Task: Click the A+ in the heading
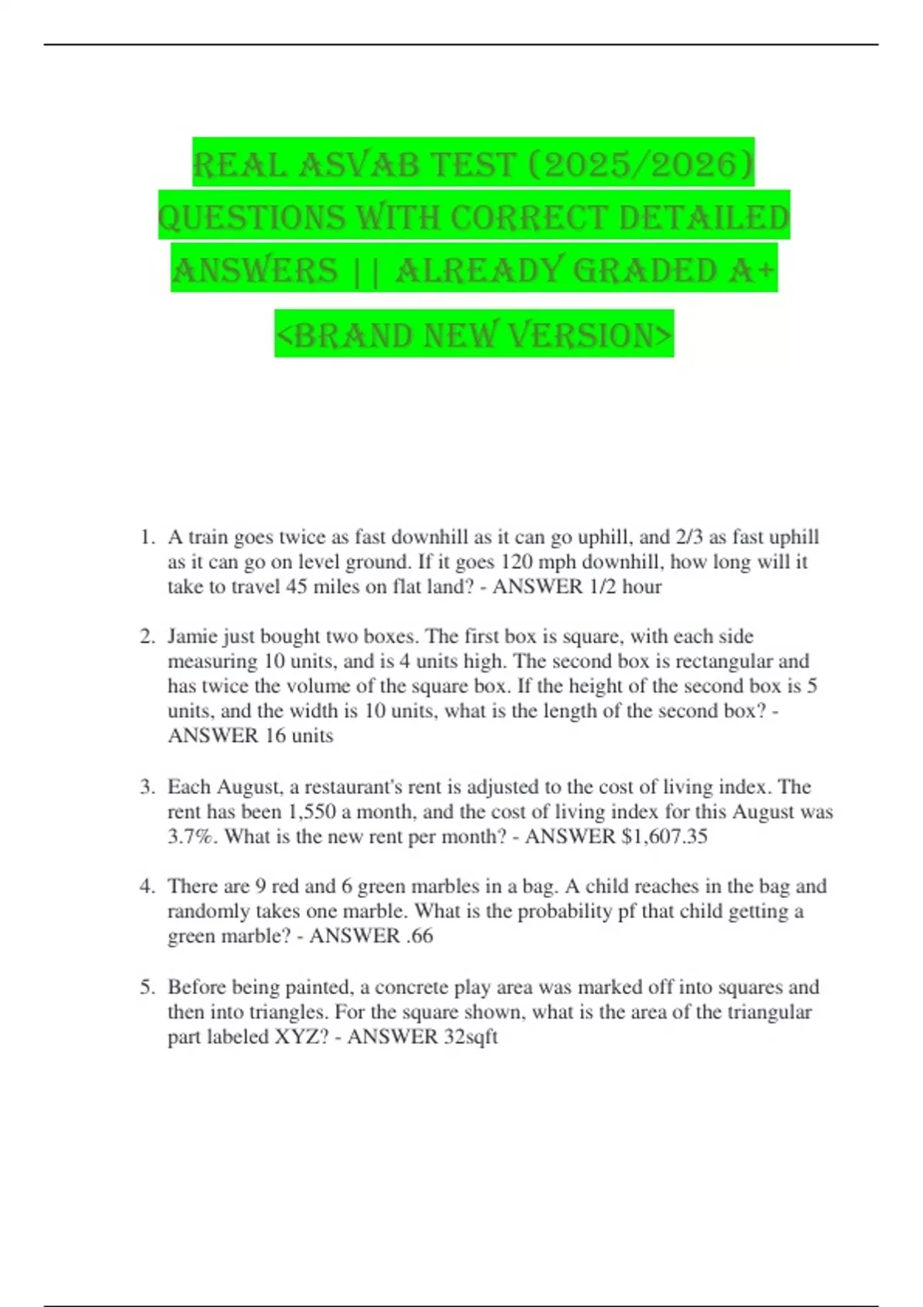[x=751, y=270]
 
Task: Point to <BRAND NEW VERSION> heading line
[x=474, y=335]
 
